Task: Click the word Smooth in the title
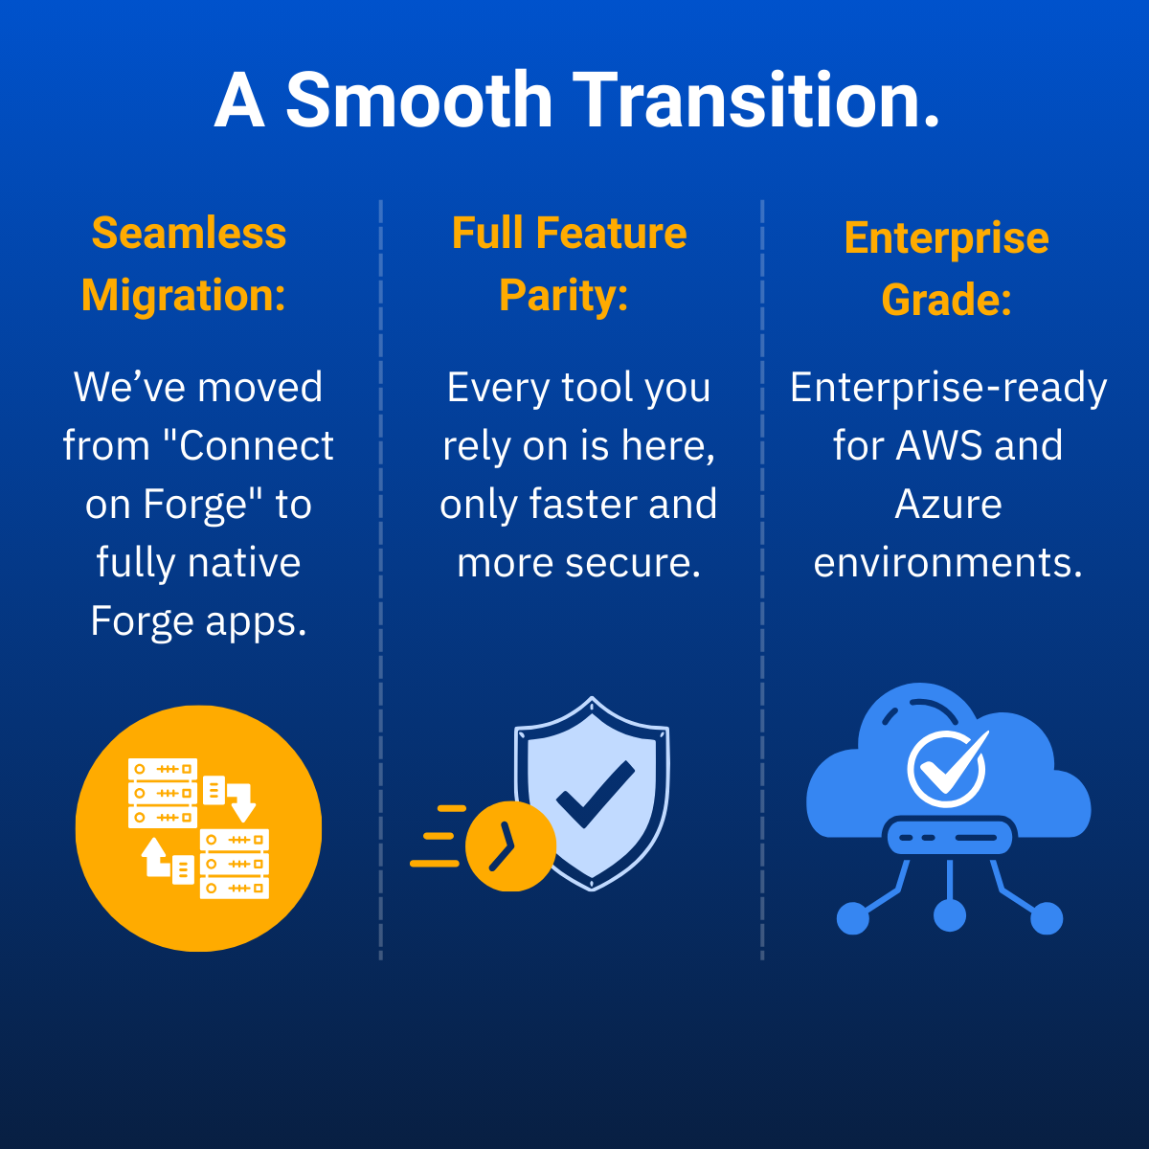pyautogui.click(x=419, y=100)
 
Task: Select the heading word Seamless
pyautogui.click(x=189, y=233)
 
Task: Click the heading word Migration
pyautogui.click(x=183, y=295)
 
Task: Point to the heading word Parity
pyautogui.click(x=563, y=295)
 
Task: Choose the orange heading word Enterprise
pyautogui.click(x=946, y=238)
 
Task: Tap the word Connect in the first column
pyautogui.click(x=256, y=446)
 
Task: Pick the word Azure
pyautogui.click(x=948, y=505)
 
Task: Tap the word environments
pyautogui.click(x=948, y=563)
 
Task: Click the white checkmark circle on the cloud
pyautogui.click(x=946, y=768)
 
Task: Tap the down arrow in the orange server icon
pyautogui.click(x=242, y=802)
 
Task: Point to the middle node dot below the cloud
pyautogui.click(x=949, y=914)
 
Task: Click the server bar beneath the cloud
pyautogui.click(x=949, y=837)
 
